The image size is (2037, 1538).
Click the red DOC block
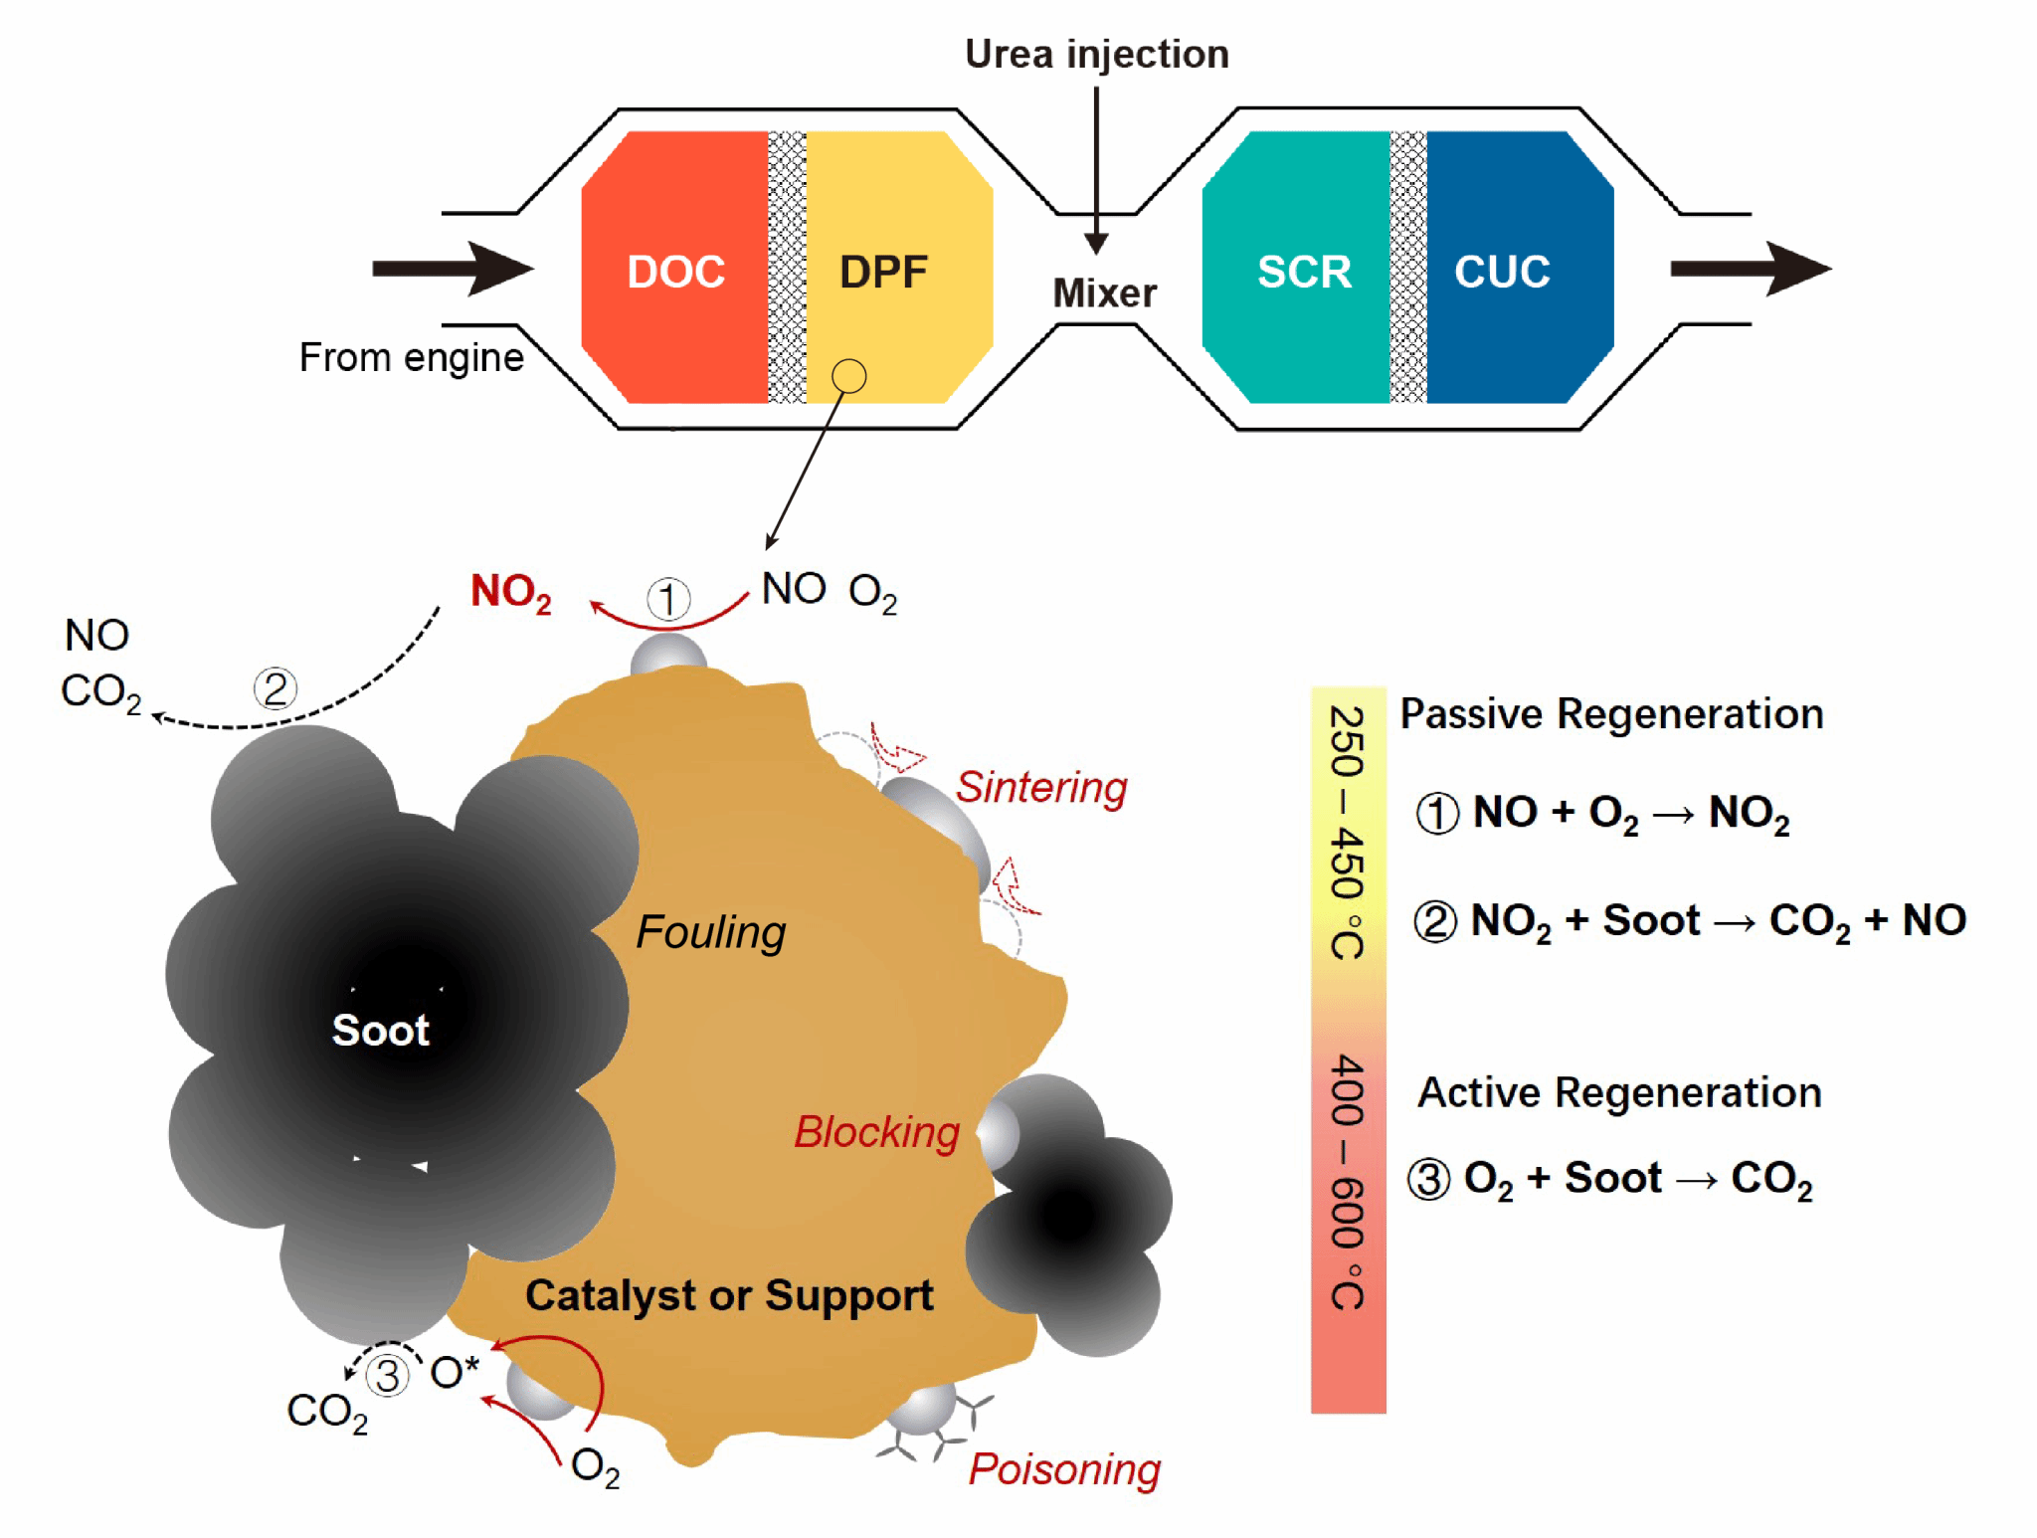(675, 269)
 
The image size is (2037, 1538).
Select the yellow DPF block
(895, 269)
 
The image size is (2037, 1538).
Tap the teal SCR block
(1298, 269)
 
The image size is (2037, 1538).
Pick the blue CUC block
(1512, 269)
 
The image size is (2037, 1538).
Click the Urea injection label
(1097, 54)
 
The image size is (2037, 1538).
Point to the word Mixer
(1104, 293)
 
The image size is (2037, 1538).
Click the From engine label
(411, 357)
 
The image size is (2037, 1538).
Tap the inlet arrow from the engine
(454, 269)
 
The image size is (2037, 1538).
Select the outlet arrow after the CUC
(1751, 269)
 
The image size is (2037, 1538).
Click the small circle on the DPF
(848, 376)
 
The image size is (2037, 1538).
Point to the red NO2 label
(511, 592)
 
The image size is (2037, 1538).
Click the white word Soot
(381, 1030)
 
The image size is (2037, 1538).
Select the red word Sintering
(1041, 787)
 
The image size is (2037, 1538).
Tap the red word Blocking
(876, 1132)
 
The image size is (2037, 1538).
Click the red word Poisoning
(1064, 1469)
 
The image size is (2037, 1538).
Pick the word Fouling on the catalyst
(710, 932)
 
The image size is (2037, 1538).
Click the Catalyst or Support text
(729, 1295)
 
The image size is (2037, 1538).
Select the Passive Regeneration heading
(1611, 714)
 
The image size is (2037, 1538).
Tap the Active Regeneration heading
(1619, 1092)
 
